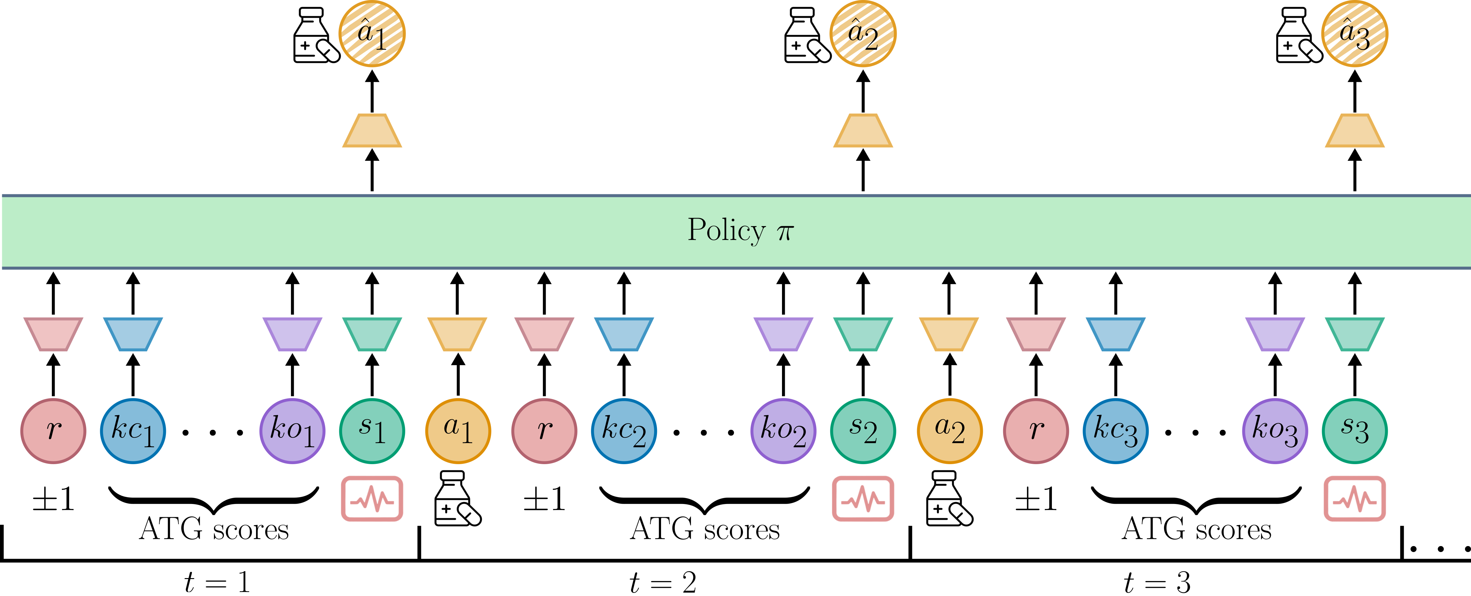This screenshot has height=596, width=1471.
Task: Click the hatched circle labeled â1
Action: coord(372,34)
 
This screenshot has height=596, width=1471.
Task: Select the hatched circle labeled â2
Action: coord(863,34)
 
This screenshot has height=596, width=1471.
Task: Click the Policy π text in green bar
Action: coord(740,230)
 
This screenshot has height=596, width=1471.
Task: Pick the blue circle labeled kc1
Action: coord(133,431)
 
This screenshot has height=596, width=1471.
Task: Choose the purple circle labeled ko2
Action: coord(783,431)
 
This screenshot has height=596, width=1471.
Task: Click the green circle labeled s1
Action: coord(372,431)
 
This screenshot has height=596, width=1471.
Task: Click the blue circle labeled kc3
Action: coord(1115,431)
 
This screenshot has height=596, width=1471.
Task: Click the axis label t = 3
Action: coord(1157,582)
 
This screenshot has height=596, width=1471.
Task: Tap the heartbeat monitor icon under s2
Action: coord(863,498)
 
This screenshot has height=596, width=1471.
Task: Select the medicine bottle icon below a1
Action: coord(457,498)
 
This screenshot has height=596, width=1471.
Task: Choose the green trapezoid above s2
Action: coord(863,334)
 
